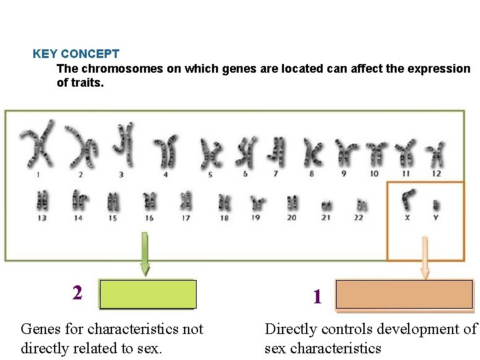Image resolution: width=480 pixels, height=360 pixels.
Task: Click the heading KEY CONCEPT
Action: tap(76, 54)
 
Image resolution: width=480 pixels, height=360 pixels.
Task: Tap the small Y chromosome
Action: tap(436, 204)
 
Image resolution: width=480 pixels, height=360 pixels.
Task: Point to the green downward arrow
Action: tap(145, 254)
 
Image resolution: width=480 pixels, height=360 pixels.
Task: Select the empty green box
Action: tap(147, 294)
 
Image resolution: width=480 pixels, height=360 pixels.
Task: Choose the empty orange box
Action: tap(404, 294)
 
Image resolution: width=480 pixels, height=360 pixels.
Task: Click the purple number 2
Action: tap(78, 293)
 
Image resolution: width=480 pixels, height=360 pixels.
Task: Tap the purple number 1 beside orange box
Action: tap(317, 297)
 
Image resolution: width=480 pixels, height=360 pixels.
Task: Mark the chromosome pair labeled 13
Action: tap(43, 200)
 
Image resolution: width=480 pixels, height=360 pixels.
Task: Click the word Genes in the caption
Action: tap(41, 329)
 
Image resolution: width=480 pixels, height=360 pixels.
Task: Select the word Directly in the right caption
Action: tap(291, 329)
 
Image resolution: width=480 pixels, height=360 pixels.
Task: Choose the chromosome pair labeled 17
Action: tap(186, 200)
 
